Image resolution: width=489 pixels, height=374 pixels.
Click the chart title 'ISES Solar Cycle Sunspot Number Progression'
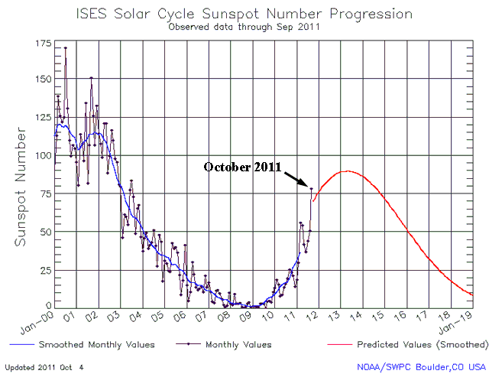pos(244,14)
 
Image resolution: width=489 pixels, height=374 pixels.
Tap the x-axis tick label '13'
pos(335,316)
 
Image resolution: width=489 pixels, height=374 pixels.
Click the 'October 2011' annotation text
pos(242,167)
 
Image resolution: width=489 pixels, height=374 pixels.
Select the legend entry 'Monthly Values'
pos(238,345)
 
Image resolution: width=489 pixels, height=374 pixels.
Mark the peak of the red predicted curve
pos(348,171)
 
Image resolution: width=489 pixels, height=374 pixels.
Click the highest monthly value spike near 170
pos(65,48)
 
